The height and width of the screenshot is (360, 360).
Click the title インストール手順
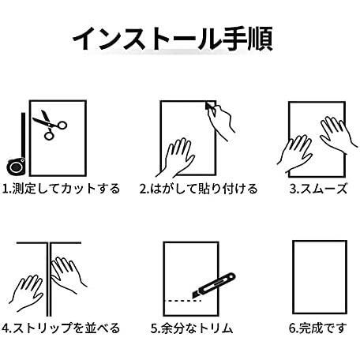coord(172,39)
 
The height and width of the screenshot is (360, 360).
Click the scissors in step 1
coord(50,125)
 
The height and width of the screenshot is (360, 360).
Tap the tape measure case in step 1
coord(16,167)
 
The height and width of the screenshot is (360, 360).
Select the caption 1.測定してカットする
coord(61,189)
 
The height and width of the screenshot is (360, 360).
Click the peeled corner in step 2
coord(210,106)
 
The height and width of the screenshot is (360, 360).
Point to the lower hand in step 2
coord(176,157)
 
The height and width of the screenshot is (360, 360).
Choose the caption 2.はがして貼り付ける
coord(198,189)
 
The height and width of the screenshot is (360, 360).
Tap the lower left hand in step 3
coord(294,154)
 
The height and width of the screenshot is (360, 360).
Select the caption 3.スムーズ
coord(318,189)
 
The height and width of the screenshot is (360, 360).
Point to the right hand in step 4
coord(67,275)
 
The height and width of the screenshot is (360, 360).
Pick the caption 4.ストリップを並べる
coord(61,328)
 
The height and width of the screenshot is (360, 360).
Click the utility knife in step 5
coord(214,286)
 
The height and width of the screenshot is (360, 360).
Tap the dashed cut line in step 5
coord(184,301)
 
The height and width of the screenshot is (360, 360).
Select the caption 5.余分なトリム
coord(192,328)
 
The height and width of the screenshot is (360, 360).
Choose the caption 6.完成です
coord(318,328)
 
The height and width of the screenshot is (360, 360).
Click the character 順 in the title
coord(260,39)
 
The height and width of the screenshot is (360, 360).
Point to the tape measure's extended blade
coord(23,135)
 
